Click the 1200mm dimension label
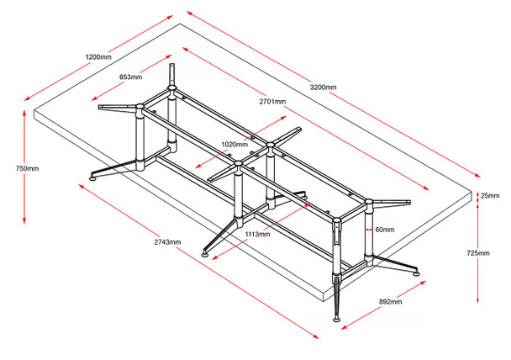98,57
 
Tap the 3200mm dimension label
323,87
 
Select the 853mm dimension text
131,77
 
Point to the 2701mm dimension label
272,101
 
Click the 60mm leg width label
385,229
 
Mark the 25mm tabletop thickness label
489,196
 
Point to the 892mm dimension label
390,300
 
